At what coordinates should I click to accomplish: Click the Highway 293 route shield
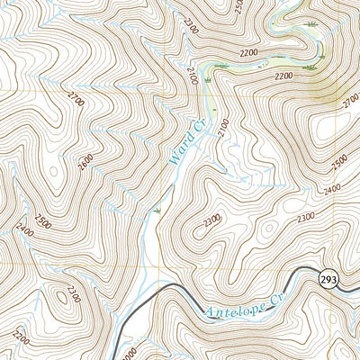coord(327,281)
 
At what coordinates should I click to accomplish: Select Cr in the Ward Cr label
coord(200,125)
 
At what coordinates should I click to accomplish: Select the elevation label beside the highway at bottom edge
coord(130,353)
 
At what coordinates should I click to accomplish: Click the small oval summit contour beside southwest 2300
coord(64,293)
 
